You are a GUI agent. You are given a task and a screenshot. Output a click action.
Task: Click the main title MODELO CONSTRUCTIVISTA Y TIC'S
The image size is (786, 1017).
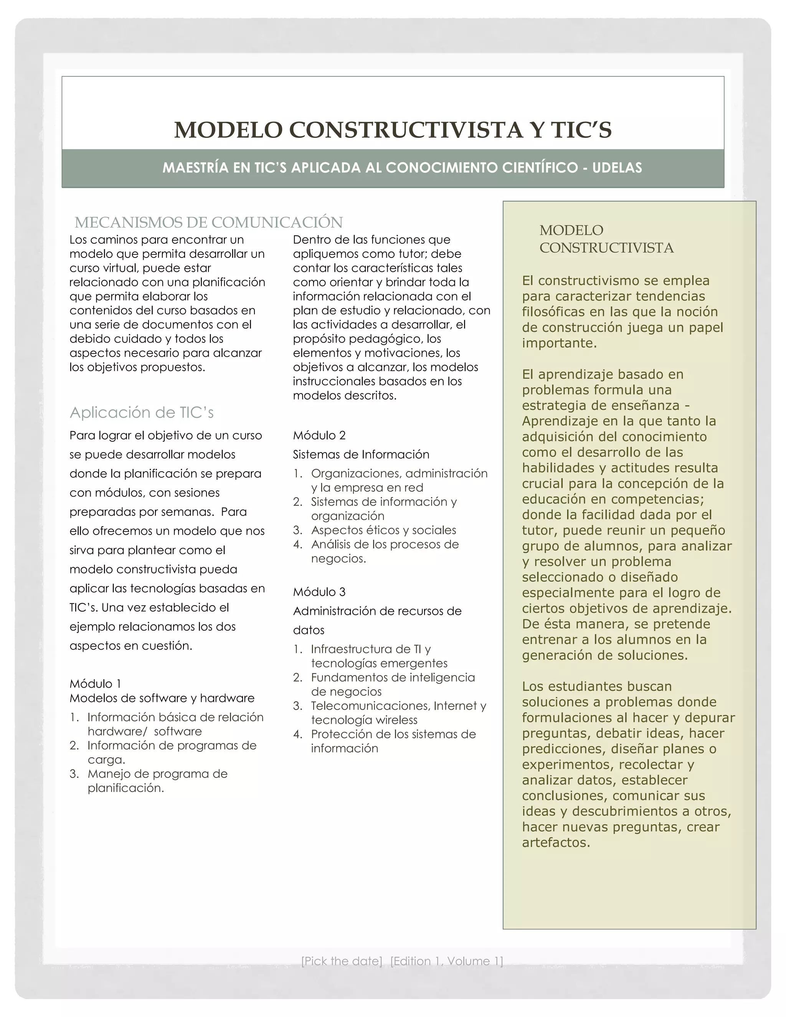pos(393,130)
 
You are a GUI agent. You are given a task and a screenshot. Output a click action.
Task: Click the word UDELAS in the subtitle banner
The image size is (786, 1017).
pos(617,168)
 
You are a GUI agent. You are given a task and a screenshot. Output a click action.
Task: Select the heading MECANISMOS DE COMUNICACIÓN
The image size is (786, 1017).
pos(209,223)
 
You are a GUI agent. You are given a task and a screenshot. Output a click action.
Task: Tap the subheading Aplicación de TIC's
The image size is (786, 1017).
pos(142,413)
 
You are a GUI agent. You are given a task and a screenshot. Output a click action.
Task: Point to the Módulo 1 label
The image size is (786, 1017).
pos(96,684)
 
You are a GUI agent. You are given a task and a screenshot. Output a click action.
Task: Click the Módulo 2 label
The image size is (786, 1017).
pos(319,436)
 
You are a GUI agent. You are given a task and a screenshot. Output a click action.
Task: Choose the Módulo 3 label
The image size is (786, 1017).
pos(319,592)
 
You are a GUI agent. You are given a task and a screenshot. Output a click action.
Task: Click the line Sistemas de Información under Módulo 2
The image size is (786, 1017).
pos(361,454)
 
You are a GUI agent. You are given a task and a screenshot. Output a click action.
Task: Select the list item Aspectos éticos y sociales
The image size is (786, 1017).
pos(383,530)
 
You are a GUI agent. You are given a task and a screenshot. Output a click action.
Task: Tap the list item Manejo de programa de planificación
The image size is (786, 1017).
pos(157,781)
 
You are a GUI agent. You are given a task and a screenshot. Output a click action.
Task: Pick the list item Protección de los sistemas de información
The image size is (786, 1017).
pos(393,741)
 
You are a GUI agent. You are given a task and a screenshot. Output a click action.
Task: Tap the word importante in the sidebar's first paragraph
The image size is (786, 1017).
pos(559,343)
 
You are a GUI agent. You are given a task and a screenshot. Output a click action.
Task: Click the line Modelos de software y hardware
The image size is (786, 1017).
pos(162,698)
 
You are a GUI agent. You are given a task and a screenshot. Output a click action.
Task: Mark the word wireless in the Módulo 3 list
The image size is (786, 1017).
pos(397,720)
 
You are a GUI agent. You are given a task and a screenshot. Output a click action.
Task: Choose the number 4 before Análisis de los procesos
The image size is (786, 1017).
pos(297,544)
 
